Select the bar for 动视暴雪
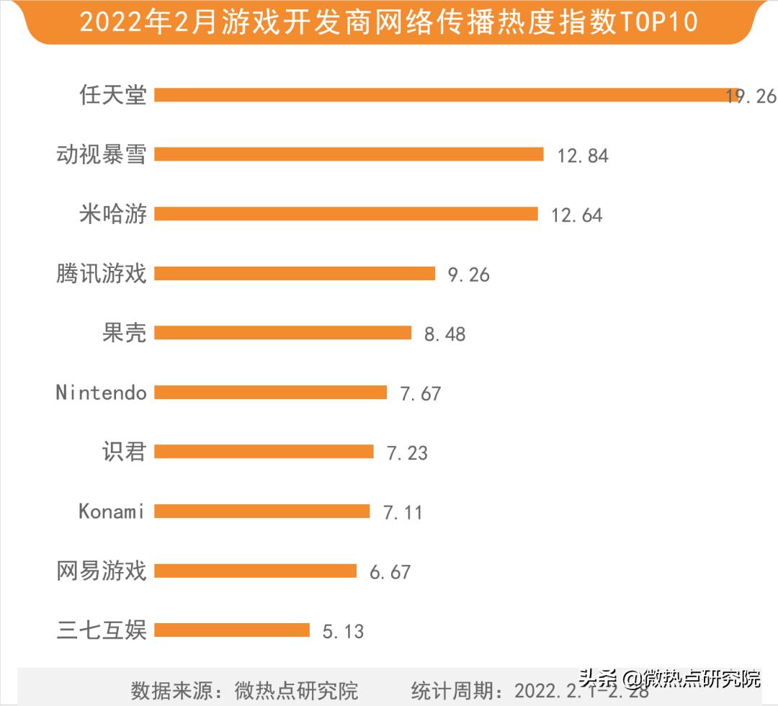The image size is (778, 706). (x=349, y=154)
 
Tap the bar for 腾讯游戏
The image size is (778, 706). (x=295, y=273)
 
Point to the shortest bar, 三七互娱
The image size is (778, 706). (x=232, y=630)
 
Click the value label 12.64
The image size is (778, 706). (x=576, y=215)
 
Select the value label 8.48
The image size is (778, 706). (x=444, y=334)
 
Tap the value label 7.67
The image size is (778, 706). (x=421, y=393)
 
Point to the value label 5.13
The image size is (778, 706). (x=343, y=632)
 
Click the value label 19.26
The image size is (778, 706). (x=751, y=96)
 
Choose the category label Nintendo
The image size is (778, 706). (x=102, y=393)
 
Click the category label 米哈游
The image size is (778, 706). (x=113, y=214)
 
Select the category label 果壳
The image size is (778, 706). (x=125, y=333)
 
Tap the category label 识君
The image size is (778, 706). (x=125, y=452)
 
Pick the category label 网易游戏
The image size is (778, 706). (x=102, y=571)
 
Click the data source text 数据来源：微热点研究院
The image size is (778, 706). (x=244, y=690)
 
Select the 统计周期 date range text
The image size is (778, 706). (x=529, y=690)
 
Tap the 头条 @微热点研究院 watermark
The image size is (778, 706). (x=669, y=679)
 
